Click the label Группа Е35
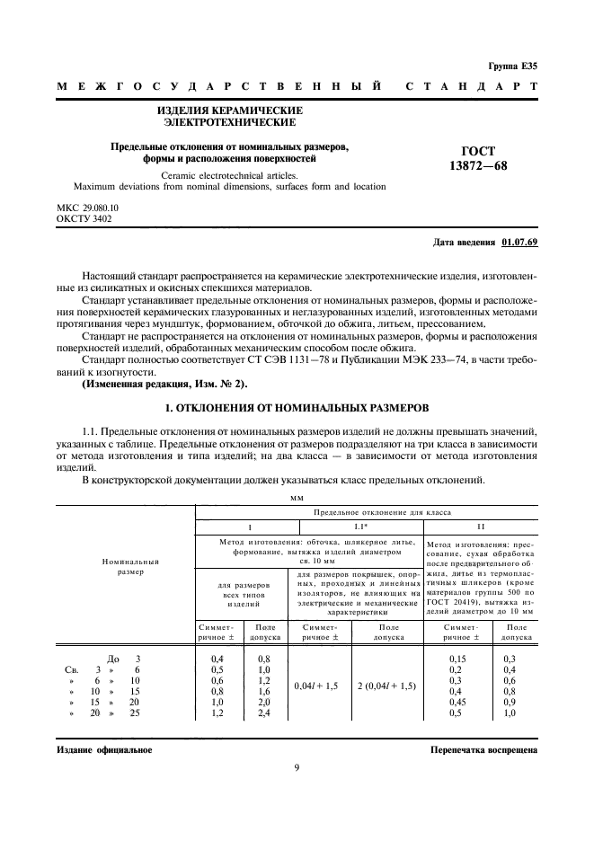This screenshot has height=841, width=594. tap(512, 66)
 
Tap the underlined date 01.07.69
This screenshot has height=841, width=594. tap(520, 243)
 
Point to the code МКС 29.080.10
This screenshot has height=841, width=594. tap(88, 208)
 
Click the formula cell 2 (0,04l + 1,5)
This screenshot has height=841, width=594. tap(386, 685)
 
